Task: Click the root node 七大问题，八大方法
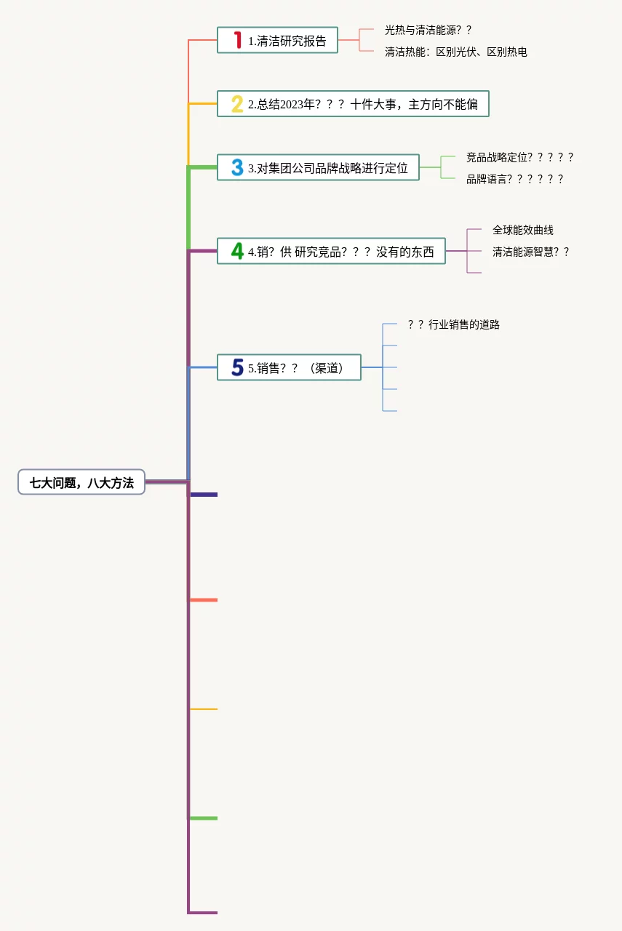pyautogui.click(x=81, y=482)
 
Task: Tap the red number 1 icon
pyautogui.click(x=237, y=40)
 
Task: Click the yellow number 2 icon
pyautogui.click(x=237, y=104)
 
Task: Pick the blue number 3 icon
pyautogui.click(x=237, y=167)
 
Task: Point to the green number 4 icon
pyautogui.click(x=237, y=251)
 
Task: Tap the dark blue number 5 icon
pyautogui.click(x=237, y=367)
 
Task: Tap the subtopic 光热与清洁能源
pyautogui.click(x=428, y=30)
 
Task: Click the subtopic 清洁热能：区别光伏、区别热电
pyautogui.click(x=455, y=52)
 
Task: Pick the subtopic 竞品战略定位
pyautogui.click(x=519, y=157)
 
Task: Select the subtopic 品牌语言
pyautogui.click(x=514, y=179)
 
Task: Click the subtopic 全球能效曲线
pyautogui.click(x=522, y=230)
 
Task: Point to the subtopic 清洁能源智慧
pyautogui.click(x=530, y=252)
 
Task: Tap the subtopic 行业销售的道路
pyautogui.click(x=453, y=324)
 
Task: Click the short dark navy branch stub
pyautogui.click(x=204, y=495)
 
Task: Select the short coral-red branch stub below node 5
pyautogui.click(x=204, y=600)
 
